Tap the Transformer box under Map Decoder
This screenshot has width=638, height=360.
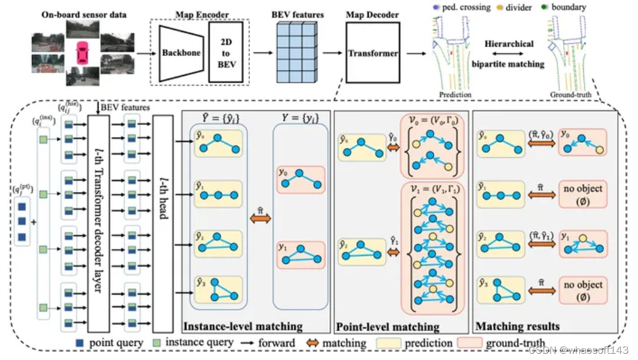372,53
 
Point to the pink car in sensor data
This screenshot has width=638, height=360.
82,53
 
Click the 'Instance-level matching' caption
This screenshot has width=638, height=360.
243,327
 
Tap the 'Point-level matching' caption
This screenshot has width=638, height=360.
388,327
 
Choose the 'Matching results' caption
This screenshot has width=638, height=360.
518,327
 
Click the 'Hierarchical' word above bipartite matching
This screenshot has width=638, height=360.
509,44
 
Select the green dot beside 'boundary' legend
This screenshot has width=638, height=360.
544,8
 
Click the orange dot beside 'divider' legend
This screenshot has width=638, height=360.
500,8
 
